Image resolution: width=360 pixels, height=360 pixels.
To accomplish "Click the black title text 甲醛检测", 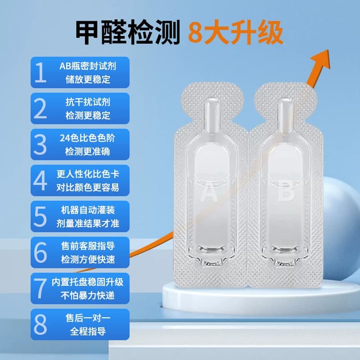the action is (128, 32).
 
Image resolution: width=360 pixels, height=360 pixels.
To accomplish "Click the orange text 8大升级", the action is (235, 32).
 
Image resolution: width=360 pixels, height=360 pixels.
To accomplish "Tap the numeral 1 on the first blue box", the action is (40, 72).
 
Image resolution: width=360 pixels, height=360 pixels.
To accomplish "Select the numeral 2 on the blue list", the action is (40, 108).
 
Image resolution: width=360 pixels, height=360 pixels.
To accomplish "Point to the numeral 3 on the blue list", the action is (40, 144).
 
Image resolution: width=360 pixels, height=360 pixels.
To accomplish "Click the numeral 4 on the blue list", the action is (40, 180).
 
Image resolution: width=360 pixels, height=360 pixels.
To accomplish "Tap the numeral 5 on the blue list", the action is (40, 216).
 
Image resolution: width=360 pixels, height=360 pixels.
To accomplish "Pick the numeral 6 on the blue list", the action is (40, 252).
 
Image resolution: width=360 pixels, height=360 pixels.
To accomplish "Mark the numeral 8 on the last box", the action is (40, 324).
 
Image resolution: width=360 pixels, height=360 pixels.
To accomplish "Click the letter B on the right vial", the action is (286, 192).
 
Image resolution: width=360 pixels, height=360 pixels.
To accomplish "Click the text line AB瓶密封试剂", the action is (88, 66).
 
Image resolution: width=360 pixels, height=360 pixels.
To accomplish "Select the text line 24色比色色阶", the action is (87, 138).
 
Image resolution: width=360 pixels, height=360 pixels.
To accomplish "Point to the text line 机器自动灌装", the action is (88, 210).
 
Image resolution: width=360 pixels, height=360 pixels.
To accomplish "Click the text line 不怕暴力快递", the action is (88, 295).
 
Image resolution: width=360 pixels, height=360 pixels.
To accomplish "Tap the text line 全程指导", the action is (88, 331).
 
